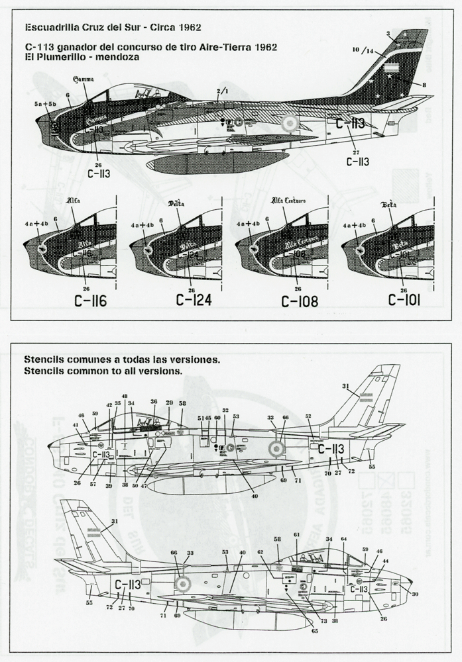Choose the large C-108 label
300,302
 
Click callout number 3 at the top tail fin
388,33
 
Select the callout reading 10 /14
364,49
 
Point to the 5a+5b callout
45,105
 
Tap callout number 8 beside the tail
424,85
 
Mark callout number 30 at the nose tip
415,594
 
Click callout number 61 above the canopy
297,534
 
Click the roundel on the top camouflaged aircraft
290,122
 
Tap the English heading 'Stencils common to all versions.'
101,372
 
